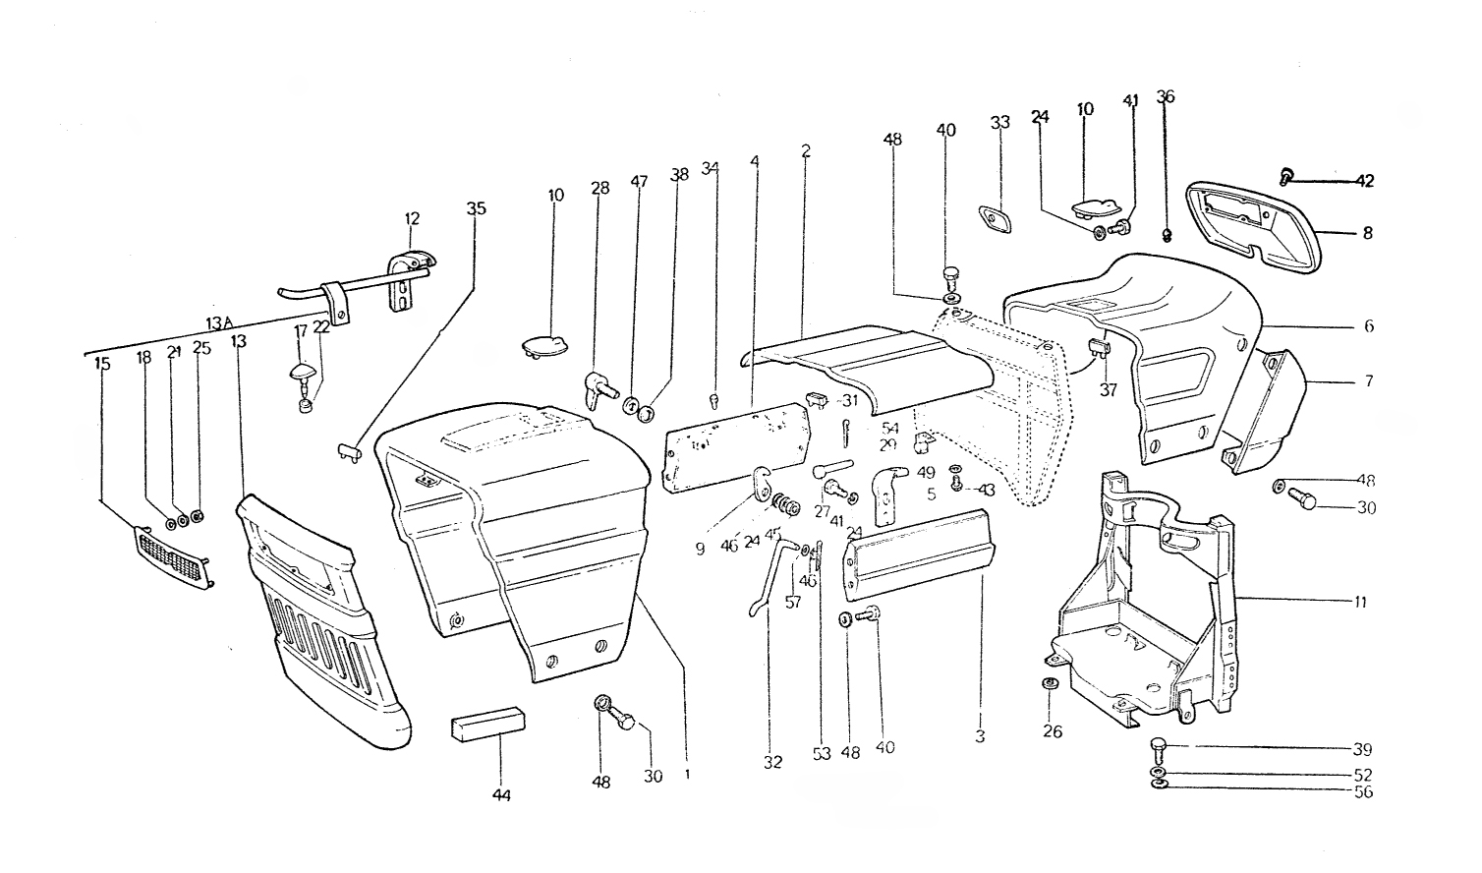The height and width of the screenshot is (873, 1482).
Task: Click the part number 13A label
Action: [219, 323]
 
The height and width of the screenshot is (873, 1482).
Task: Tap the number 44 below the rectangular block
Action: [501, 793]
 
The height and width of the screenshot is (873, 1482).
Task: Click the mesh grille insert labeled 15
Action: [172, 556]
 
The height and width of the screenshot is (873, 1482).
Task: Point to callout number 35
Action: [476, 208]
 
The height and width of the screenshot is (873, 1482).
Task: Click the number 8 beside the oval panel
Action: [1367, 234]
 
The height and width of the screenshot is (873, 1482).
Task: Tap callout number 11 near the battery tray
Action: [1358, 602]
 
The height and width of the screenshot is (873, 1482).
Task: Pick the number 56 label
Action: [1362, 791]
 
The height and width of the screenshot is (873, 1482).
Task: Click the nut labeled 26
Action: [1050, 684]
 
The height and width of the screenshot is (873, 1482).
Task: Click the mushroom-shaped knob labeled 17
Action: [304, 374]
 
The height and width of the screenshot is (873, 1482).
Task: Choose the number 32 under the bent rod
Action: [772, 762]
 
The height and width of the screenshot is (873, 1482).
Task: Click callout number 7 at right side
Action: [1368, 380]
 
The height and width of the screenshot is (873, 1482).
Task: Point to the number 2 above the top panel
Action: [805, 151]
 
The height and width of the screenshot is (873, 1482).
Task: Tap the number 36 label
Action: [1166, 96]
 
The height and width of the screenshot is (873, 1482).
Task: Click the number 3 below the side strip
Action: [981, 735]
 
